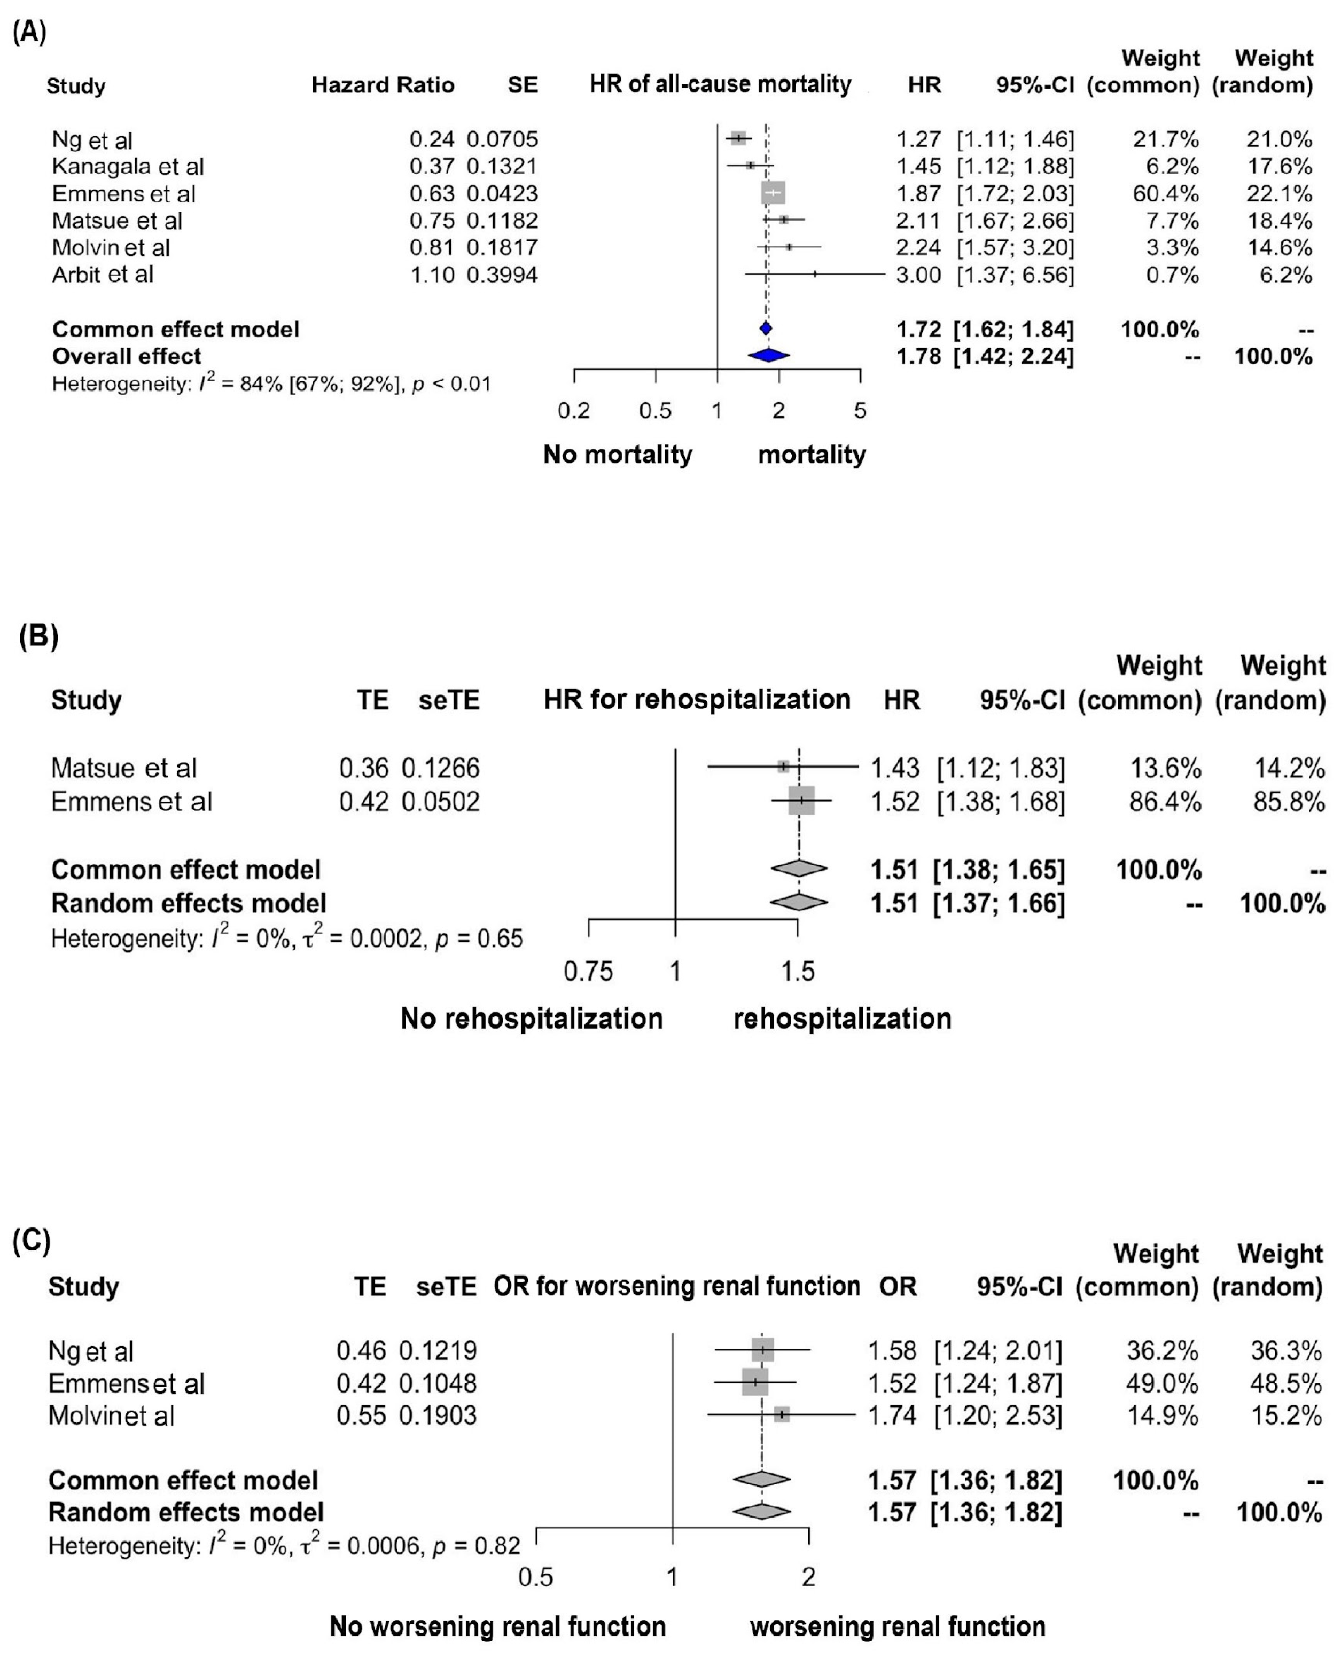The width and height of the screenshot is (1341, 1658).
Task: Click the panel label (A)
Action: click(x=30, y=33)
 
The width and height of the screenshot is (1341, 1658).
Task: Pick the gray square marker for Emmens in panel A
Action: click(x=773, y=193)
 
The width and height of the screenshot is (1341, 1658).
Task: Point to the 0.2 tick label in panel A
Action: click(x=574, y=411)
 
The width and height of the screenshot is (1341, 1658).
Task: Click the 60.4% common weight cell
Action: click(x=1166, y=193)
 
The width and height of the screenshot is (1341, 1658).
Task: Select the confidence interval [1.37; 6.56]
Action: click(x=1015, y=275)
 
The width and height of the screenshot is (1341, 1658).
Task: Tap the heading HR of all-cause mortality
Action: click(x=720, y=84)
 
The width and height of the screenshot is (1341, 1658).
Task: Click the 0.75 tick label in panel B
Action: click(x=589, y=971)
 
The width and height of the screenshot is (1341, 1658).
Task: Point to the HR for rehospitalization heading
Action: click(x=697, y=700)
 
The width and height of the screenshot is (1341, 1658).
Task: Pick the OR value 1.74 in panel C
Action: click(x=892, y=1415)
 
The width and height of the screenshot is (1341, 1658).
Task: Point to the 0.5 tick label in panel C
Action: click(x=535, y=1576)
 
